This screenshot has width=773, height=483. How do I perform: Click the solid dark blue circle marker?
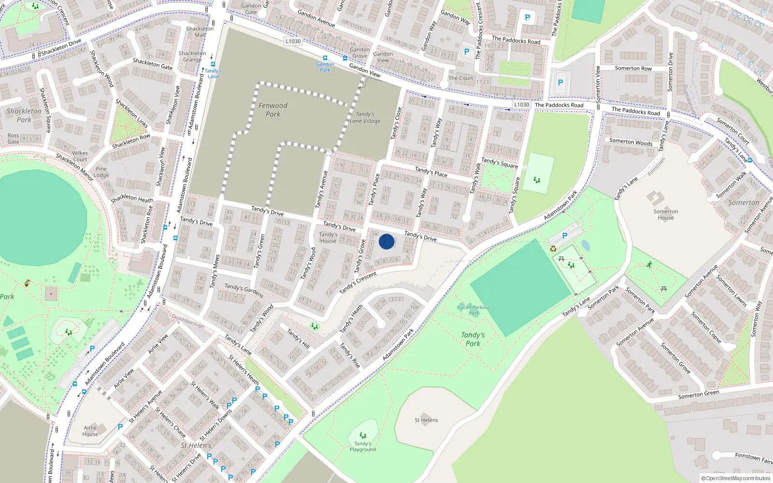coord(386,241)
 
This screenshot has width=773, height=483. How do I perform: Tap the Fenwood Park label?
coord(273,110)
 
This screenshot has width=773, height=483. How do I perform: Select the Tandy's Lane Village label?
coord(365,118)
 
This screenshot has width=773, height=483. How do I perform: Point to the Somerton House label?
coord(666,214)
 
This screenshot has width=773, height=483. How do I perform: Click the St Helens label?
coord(426,420)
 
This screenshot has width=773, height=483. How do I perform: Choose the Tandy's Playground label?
coord(363,446)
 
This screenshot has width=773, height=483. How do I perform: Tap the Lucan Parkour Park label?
coord(473,310)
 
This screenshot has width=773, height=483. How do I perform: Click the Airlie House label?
coord(90,431)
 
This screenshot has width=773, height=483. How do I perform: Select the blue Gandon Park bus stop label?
coord(325,67)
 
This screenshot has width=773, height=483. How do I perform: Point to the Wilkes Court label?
coord(80,156)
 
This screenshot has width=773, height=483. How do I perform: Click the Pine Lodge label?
coord(101,172)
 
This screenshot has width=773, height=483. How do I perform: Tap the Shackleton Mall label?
coord(200,32)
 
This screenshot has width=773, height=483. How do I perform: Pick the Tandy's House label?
coord(328,238)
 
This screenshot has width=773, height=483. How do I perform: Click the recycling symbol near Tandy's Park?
coord(553,249)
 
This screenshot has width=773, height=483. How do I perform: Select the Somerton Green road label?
coord(698,395)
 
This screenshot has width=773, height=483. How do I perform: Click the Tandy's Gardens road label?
coord(244,290)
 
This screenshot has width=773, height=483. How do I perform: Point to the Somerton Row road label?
coord(633,69)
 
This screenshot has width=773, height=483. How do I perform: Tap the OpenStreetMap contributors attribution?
coord(736,479)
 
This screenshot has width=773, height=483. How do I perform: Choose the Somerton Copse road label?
coord(706,327)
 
